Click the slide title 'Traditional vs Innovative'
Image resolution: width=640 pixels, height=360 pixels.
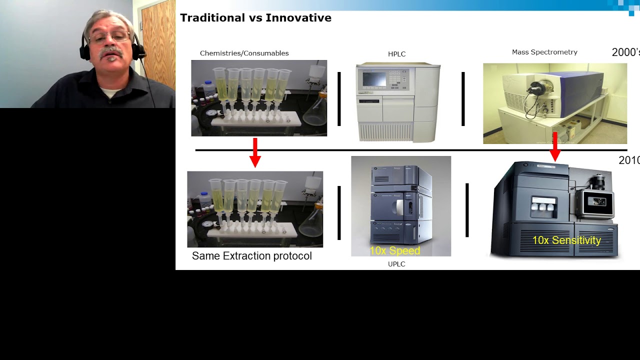(255, 18)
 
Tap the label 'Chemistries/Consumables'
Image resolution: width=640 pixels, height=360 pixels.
(244, 53)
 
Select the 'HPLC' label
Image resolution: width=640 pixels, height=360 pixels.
(396, 54)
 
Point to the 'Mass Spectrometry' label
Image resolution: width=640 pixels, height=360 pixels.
(544, 52)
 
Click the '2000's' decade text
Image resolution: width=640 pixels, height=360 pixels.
(625, 52)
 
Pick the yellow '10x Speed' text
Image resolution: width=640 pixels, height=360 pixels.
(394, 250)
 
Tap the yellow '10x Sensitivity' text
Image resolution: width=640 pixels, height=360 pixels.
(566, 240)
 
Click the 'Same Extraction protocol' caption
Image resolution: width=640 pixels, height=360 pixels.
(251, 256)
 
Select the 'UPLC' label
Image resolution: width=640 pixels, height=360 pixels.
(396, 264)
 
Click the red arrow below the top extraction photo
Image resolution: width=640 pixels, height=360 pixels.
(255, 152)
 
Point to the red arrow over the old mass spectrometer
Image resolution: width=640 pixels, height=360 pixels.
(555, 146)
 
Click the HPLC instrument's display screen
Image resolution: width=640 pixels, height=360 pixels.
(374, 79)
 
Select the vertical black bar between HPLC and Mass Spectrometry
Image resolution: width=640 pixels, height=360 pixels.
(463, 99)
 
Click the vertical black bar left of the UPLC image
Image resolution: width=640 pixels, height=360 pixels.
(339, 212)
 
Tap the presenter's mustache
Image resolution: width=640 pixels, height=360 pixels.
(110, 52)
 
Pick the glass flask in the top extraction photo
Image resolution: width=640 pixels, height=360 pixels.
(315, 112)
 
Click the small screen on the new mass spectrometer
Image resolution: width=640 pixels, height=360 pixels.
(596, 202)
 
